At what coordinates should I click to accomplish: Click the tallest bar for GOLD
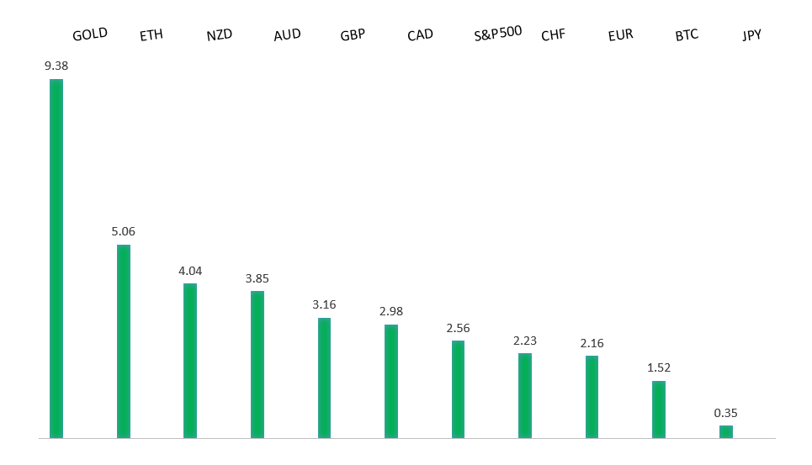56,258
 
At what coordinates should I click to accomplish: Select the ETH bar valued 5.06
124,341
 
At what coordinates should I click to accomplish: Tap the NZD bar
190,361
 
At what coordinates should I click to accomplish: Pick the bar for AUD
257,364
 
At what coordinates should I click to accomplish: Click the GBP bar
324,378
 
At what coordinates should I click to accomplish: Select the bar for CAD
391,381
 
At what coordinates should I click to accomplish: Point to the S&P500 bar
458,389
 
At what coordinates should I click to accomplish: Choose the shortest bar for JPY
725,431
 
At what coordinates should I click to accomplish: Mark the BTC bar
659,410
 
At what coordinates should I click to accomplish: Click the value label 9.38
56,66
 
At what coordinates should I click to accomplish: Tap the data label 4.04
190,271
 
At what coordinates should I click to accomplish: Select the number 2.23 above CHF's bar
525,341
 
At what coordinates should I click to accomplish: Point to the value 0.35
725,413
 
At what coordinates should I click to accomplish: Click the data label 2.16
592,343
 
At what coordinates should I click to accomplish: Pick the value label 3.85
257,278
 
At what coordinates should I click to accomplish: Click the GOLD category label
90,34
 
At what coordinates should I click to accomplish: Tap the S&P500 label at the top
498,33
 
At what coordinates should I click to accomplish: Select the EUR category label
620,35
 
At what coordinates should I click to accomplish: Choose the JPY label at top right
751,35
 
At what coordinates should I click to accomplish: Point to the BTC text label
687,35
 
